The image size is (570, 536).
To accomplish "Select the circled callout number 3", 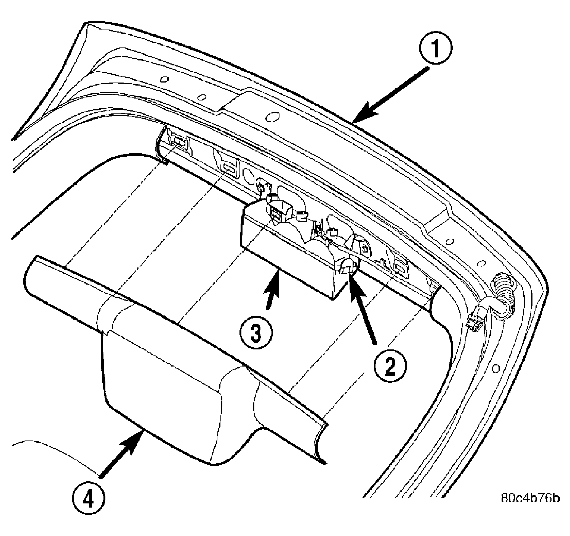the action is [256, 332].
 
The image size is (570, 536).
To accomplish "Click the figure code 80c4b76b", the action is [530, 498].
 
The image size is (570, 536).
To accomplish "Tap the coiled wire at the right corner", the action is [504, 297].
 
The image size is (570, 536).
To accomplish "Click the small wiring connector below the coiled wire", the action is [476, 321].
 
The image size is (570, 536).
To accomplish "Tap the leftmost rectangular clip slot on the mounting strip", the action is [178, 141].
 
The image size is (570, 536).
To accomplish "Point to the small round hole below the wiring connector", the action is [496, 368].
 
